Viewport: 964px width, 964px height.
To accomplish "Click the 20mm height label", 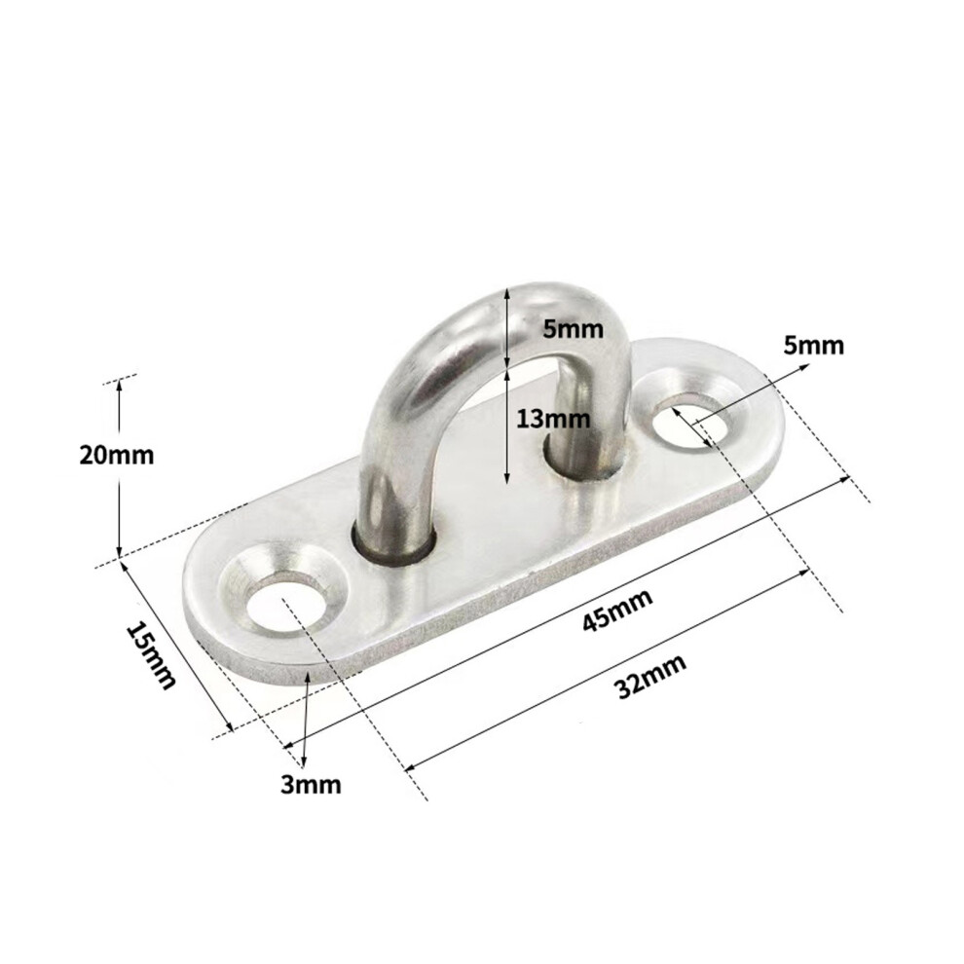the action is [116, 456].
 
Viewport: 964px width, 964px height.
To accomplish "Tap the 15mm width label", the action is [151, 656].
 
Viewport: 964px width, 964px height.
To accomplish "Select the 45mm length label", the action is [617, 610].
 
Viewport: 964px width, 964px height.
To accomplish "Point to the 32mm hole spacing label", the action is [650, 677].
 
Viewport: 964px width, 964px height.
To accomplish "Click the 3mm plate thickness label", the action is [311, 785].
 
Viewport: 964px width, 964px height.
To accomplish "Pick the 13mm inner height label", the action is [553, 420].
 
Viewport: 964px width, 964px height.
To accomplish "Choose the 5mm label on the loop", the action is [573, 329].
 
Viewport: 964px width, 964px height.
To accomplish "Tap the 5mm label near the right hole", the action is [813, 346].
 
